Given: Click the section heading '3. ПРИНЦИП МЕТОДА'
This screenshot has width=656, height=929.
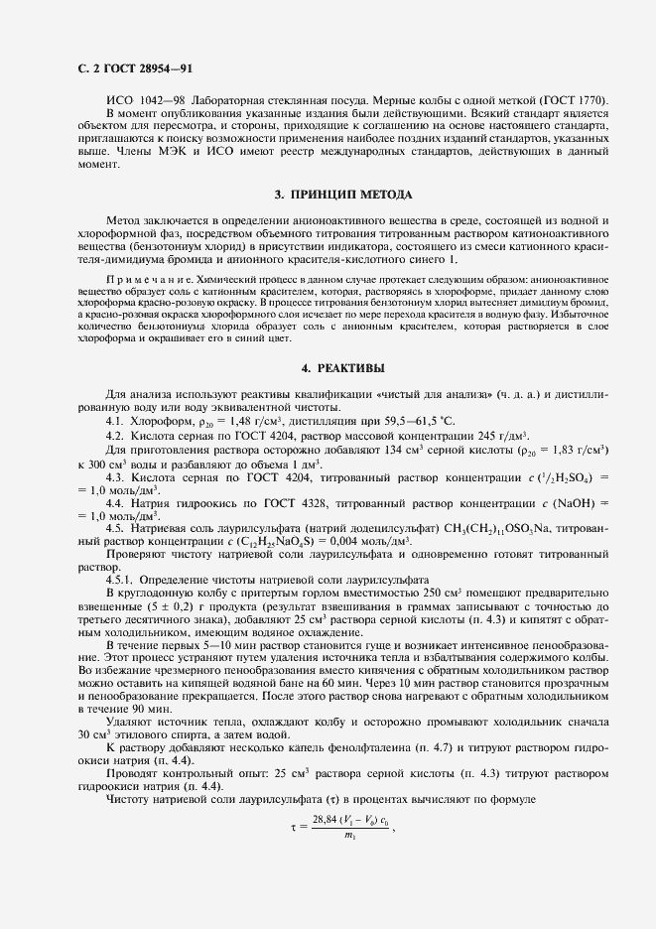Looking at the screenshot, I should point(342,194).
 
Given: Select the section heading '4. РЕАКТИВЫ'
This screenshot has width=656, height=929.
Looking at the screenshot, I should point(342,368).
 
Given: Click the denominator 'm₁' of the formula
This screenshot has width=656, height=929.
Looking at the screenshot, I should point(349,836).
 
